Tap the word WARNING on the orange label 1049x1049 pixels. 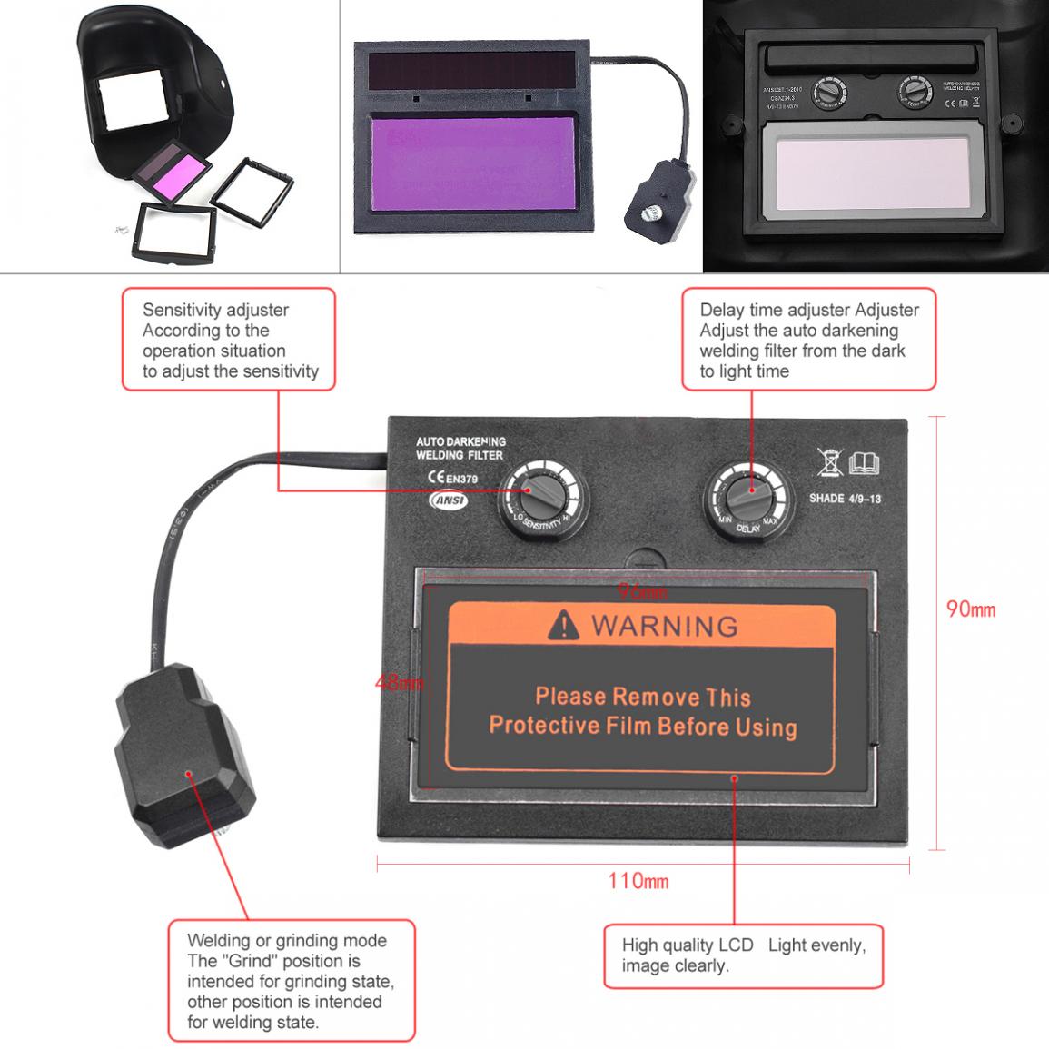pyautogui.click(x=664, y=626)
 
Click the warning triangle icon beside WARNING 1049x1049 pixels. pyautogui.click(x=564, y=625)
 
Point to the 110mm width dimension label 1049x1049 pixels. pyautogui.click(x=638, y=880)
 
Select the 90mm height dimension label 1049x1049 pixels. pyautogui.click(x=971, y=609)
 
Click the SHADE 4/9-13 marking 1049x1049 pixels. pyautogui.click(x=845, y=499)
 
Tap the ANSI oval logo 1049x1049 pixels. pyautogui.click(x=448, y=500)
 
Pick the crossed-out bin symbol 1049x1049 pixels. pyautogui.click(x=829, y=462)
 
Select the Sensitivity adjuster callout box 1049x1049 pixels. pyautogui.click(x=228, y=340)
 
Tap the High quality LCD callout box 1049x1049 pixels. pyautogui.click(x=743, y=955)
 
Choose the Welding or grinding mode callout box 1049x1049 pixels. pyautogui.click(x=291, y=981)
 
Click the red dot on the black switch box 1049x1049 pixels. pyautogui.click(x=189, y=775)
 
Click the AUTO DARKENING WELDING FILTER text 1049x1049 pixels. pyautogui.click(x=460, y=448)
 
